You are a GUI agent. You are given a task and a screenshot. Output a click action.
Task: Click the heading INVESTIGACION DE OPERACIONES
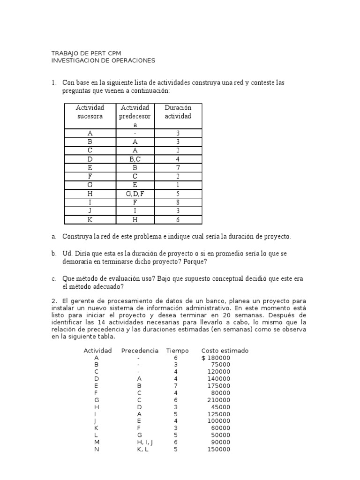click(x=102, y=60)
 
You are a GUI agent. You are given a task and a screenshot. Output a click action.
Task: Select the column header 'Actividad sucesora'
click(x=90, y=112)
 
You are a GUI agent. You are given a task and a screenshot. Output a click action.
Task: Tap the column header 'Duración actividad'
click(x=178, y=112)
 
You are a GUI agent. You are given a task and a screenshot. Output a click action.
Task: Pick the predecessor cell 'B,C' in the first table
click(x=135, y=159)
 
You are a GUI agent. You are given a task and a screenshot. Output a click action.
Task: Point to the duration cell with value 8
click(x=178, y=202)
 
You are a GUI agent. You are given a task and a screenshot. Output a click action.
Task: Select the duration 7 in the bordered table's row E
click(x=178, y=168)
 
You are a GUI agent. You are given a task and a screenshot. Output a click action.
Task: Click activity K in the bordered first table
click(x=90, y=220)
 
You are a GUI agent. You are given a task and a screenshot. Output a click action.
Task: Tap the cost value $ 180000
click(x=216, y=358)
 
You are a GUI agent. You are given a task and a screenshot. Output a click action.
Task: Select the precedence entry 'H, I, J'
click(x=139, y=442)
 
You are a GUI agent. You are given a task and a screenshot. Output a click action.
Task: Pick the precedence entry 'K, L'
click(x=139, y=449)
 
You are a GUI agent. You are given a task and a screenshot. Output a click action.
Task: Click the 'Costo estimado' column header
click(x=225, y=351)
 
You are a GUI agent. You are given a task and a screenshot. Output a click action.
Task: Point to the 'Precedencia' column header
click(x=140, y=351)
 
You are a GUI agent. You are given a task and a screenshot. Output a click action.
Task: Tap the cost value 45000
click(x=221, y=407)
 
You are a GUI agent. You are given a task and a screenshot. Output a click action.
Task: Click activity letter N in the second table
click(x=97, y=449)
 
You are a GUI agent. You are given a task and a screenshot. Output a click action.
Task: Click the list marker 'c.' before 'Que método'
click(x=54, y=279)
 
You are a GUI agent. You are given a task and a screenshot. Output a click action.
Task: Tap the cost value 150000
click(x=219, y=449)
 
